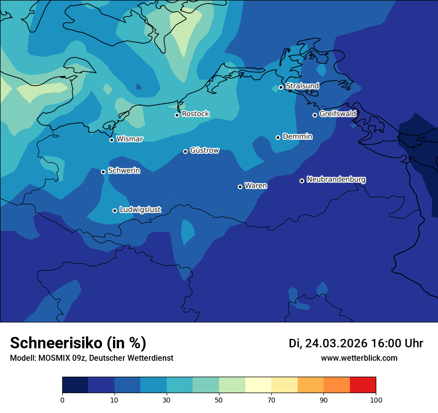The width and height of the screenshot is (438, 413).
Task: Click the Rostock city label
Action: (x=195, y=114)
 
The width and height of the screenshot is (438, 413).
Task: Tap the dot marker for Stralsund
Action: (x=281, y=87)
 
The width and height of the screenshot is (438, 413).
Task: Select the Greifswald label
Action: (x=337, y=114)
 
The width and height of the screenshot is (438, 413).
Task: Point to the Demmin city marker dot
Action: (x=278, y=137)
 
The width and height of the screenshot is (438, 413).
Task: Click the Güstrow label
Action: (x=204, y=150)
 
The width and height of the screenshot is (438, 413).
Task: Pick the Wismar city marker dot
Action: (x=111, y=140)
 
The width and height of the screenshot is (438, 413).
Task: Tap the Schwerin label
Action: (x=124, y=171)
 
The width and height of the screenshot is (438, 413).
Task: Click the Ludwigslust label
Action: (x=140, y=210)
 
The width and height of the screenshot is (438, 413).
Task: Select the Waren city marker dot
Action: (x=240, y=187)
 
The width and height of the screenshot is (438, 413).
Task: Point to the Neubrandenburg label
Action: (x=336, y=179)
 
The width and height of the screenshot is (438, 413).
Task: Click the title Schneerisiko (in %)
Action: (x=78, y=343)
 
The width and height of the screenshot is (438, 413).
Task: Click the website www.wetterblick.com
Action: (x=359, y=358)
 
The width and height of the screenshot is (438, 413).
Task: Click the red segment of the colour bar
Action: (x=362, y=385)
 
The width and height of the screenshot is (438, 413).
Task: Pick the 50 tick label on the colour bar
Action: (x=219, y=400)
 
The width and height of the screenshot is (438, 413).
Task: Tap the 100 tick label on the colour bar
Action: (x=376, y=400)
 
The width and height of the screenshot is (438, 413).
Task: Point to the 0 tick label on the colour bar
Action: (x=62, y=400)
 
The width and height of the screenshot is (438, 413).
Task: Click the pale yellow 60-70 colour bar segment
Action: (x=258, y=385)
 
